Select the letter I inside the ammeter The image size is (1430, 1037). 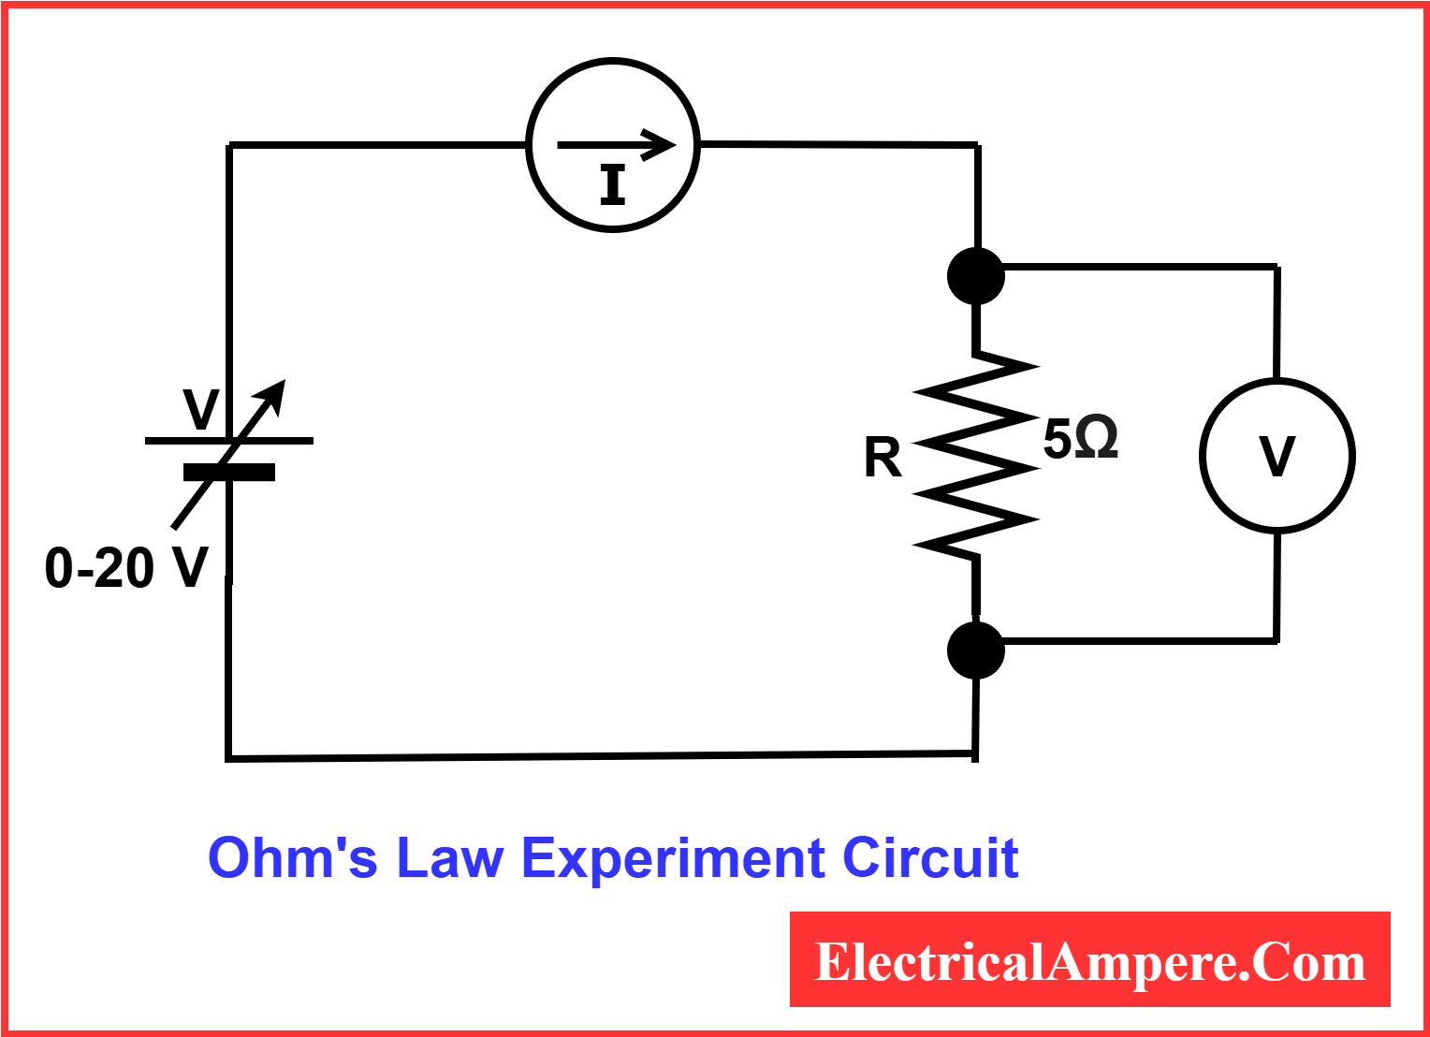[613, 185]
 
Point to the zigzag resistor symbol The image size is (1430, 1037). [976, 454]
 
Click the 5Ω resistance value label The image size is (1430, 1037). [1080, 438]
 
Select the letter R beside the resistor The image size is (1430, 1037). [883, 459]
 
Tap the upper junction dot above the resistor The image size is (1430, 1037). [976, 276]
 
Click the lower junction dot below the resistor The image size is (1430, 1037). [976, 650]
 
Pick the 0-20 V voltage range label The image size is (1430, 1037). [126, 568]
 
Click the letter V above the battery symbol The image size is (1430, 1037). [200, 409]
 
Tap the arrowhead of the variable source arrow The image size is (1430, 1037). [275, 391]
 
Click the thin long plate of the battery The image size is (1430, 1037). [178, 440]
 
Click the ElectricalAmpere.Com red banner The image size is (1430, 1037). [1089, 960]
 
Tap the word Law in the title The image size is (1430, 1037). [450, 858]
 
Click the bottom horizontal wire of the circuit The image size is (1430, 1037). [599, 755]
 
